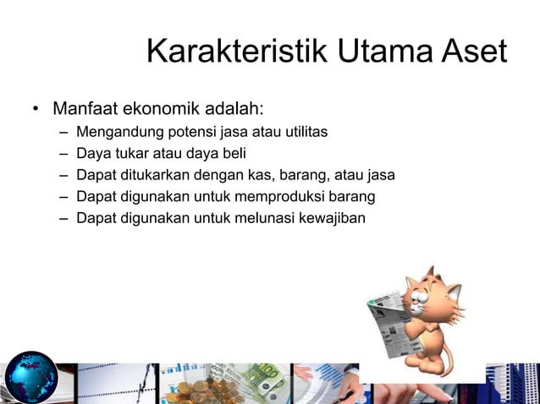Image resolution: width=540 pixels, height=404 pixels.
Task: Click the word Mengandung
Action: [x=116, y=133]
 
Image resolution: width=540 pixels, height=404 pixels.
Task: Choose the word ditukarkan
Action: [x=155, y=176]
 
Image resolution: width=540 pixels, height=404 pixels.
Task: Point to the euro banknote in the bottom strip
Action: [x=267, y=380]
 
